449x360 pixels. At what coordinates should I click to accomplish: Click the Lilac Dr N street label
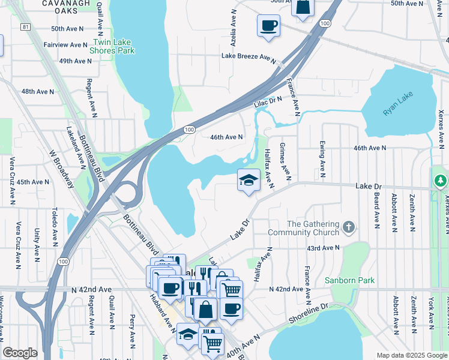268,103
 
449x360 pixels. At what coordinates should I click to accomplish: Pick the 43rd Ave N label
323,247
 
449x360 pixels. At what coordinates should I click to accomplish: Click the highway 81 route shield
25,27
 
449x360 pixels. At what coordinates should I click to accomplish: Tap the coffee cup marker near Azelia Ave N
268,26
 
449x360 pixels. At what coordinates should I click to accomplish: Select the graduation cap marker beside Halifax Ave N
248,180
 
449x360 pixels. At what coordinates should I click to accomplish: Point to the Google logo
20,353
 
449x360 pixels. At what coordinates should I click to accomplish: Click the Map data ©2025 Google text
411,355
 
